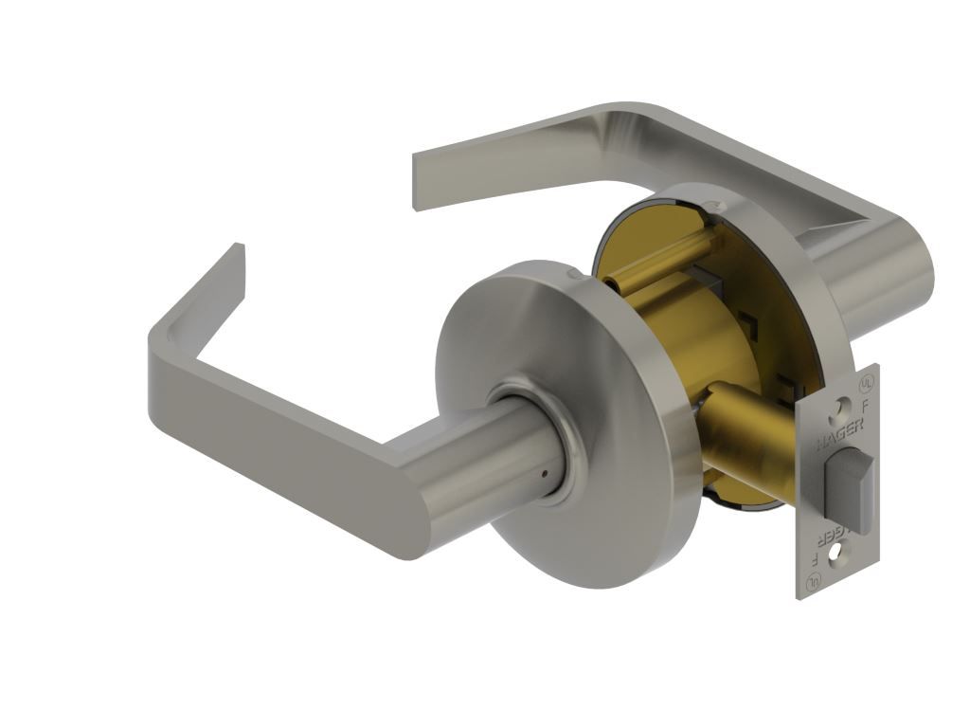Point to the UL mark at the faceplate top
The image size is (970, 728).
[x=864, y=384]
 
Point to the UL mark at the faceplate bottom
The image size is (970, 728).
[x=812, y=584]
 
